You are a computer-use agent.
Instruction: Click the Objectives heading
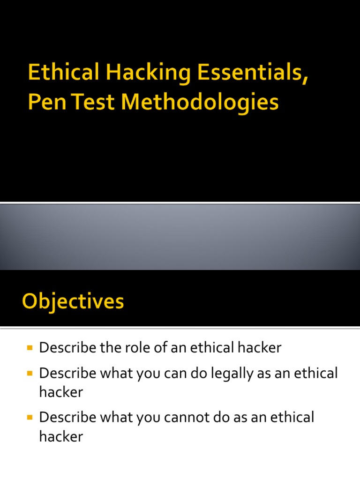[x=73, y=301]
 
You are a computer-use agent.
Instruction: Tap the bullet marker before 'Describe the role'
[x=30, y=348]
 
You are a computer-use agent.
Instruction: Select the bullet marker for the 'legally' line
[x=30, y=374]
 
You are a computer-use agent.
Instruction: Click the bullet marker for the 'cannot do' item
[x=30, y=417]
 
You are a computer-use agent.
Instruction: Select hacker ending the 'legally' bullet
[x=61, y=392]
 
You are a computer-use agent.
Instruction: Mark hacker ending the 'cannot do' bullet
[x=61, y=436]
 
